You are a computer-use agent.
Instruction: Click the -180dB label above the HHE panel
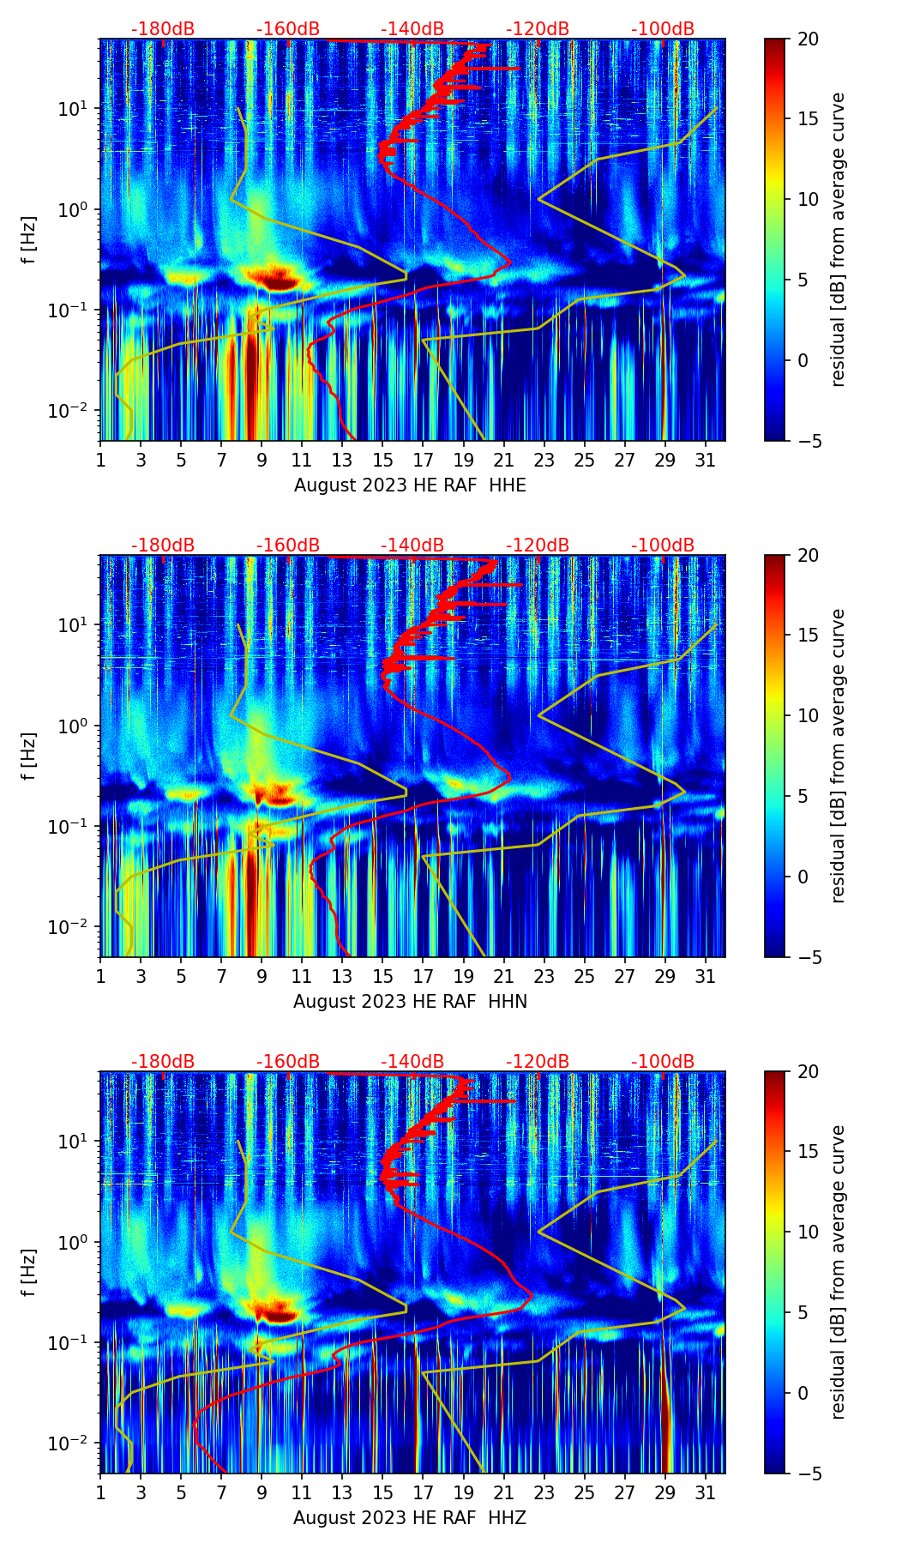[x=163, y=29]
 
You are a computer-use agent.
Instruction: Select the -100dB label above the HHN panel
[x=663, y=545]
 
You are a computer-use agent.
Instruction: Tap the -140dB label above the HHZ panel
[x=412, y=1062]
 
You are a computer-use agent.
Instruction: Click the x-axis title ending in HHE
[x=410, y=485]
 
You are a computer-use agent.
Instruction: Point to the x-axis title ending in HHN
[x=410, y=1002]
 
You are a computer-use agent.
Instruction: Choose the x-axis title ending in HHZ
[x=410, y=1518]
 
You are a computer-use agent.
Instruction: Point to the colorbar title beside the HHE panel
[x=838, y=239]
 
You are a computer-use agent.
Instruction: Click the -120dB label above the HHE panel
[x=538, y=29]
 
